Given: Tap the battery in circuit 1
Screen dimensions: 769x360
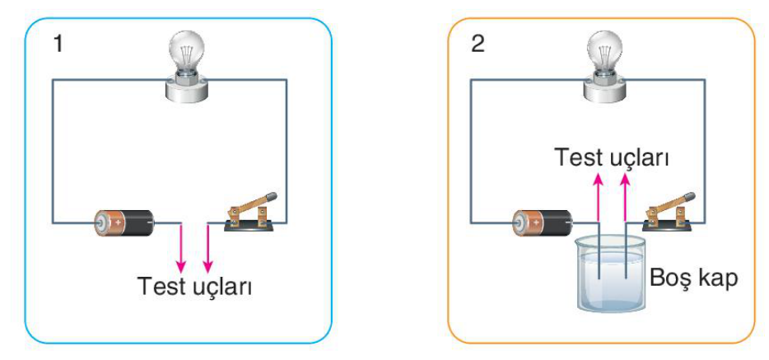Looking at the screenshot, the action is (x=125, y=223).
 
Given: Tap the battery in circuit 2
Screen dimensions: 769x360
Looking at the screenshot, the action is (x=543, y=223).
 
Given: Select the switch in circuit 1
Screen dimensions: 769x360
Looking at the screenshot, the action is (x=250, y=212).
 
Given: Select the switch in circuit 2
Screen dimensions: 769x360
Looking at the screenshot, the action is (x=669, y=212).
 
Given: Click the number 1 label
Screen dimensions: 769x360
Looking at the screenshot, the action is (x=58, y=44).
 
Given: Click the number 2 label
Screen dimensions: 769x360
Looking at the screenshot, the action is (x=478, y=44).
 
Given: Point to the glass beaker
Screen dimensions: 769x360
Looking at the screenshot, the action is (x=609, y=274).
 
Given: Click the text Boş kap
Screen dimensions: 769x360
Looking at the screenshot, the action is (x=693, y=279).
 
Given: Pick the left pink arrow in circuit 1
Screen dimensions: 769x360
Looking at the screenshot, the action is (x=181, y=248).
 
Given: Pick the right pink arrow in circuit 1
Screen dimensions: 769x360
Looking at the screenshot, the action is (x=208, y=248).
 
